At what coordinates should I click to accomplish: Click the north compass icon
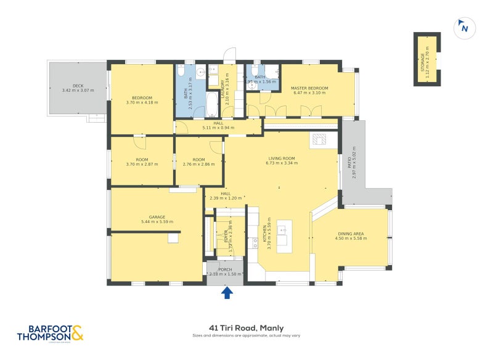tap(463, 27)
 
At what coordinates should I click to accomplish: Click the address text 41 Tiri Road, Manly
tap(246, 328)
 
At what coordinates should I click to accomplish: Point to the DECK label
tap(78, 86)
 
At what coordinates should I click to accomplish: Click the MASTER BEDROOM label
tap(309, 88)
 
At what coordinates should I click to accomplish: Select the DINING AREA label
tap(352, 234)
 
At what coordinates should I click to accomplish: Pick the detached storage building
tap(426, 59)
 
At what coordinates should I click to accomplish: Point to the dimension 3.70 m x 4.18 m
tap(142, 102)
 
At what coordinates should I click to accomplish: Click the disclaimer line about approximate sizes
tap(246, 336)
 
